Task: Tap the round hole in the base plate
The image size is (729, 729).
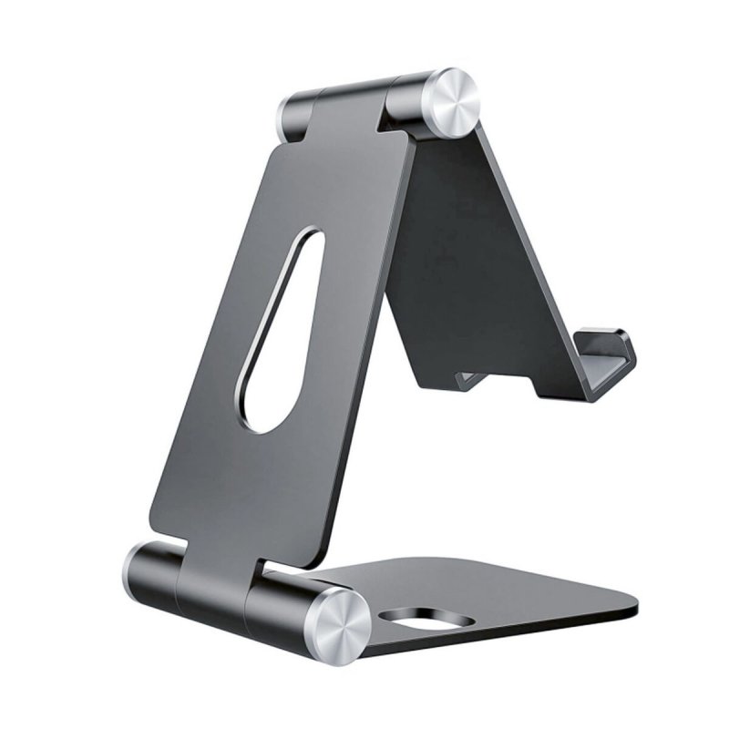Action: pyautogui.click(x=426, y=621)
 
